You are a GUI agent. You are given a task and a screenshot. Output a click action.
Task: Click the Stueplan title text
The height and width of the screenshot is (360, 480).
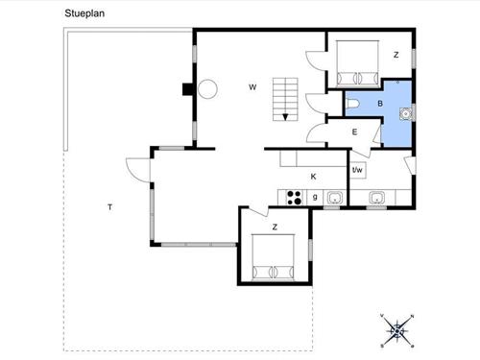(84, 13)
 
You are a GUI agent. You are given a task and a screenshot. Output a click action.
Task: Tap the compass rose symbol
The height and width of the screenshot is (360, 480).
(397, 331)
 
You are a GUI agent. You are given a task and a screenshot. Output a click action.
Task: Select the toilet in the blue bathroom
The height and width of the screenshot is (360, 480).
(353, 104)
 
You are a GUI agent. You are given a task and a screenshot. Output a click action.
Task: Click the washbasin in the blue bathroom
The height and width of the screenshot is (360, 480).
(406, 113)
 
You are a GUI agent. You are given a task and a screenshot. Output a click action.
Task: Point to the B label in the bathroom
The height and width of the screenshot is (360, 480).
(380, 104)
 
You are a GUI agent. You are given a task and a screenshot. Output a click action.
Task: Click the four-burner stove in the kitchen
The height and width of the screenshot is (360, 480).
(294, 198)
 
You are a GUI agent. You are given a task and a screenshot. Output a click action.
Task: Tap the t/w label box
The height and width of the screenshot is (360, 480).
(357, 170)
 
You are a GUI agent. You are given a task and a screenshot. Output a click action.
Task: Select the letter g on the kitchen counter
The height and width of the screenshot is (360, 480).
(315, 197)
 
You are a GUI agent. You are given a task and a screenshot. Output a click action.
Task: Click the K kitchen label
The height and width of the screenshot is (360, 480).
(313, 177)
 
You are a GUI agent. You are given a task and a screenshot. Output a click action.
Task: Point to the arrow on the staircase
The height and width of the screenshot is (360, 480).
(285, 117)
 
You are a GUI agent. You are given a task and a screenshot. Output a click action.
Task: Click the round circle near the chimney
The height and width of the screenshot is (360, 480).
(207, 89)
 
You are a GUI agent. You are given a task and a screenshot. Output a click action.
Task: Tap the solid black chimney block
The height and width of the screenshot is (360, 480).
(188, 89)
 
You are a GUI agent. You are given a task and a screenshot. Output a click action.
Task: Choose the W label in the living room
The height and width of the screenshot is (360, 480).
(252, 87)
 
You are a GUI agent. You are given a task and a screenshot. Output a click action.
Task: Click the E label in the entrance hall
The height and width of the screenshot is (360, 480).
(354, 132)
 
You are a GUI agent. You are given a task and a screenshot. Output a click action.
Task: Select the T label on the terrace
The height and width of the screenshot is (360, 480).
(110, 207)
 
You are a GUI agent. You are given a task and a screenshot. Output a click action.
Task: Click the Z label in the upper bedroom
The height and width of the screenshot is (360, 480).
(396, 55)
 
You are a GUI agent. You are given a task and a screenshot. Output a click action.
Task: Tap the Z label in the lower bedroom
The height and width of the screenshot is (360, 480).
(275, 228)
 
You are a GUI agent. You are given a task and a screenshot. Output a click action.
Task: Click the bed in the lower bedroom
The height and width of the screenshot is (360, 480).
(273, 257)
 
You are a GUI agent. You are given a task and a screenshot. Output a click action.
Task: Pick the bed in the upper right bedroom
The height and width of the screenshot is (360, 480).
(357, 63)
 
